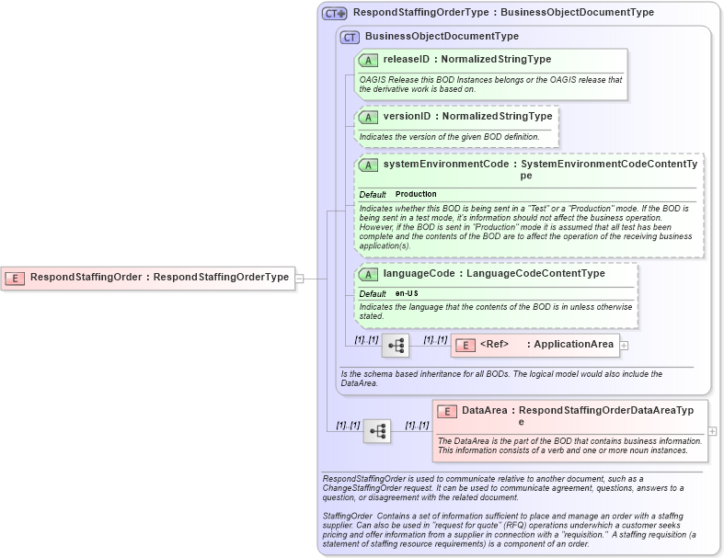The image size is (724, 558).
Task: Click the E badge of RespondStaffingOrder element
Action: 15,278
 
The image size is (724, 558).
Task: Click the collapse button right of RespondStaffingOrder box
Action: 299,278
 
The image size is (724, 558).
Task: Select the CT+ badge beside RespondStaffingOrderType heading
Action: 334,13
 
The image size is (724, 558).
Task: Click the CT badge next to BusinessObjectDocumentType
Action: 350,37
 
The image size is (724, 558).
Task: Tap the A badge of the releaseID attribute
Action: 368,60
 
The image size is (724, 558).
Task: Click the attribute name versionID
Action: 407,117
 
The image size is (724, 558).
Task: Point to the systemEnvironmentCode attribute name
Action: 445,164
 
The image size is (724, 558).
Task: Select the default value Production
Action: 416,195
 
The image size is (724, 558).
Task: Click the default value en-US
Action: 406,293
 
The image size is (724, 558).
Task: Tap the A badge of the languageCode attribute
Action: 368,274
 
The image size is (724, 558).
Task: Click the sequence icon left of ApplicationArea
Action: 396,346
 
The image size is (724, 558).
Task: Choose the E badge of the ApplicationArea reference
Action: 465,345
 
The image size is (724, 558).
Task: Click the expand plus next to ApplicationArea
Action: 624,346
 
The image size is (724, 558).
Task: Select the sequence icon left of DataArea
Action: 377,430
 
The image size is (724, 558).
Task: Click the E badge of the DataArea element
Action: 447,412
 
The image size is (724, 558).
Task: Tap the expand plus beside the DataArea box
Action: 712,430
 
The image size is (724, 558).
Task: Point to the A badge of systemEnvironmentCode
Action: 368,165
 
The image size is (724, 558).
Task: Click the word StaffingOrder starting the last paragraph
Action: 348,516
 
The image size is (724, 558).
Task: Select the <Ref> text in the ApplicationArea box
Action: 495,345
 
